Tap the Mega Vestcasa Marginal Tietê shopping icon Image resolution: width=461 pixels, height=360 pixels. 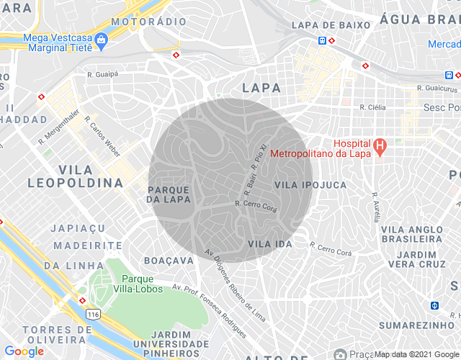[101, 37]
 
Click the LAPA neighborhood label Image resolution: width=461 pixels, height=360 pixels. [261, 88]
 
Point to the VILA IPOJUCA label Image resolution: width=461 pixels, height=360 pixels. [310, 185]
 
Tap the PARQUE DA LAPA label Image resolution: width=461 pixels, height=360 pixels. [169, 194]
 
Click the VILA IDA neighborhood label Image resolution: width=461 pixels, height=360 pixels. [269, 244]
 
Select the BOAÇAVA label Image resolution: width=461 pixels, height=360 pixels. [167, 260]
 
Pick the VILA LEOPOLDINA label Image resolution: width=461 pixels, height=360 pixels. [75, 176]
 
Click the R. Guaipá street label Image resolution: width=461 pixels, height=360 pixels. [101, 73]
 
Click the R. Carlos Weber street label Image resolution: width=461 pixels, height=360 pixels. [101, 135]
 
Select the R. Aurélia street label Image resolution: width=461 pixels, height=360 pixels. [375, 207]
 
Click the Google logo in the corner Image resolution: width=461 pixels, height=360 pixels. [24, 351]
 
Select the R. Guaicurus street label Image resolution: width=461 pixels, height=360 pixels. [437, 89]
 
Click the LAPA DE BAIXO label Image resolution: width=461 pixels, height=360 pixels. [331, 25]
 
